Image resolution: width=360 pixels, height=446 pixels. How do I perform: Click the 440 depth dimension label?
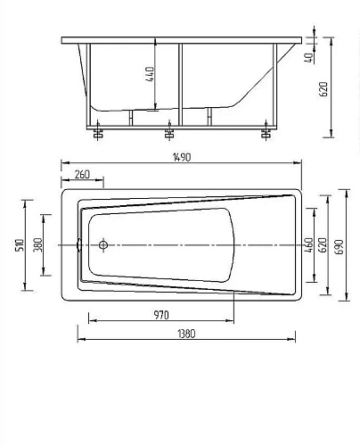pos(150,74)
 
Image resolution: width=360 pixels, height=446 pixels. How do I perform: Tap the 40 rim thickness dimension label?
pos(309,58)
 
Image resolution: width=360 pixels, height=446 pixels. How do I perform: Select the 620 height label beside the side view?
pos(323,89)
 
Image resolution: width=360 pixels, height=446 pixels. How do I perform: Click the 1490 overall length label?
pos(182,157)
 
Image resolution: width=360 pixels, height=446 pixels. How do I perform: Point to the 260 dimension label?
pos(82,175)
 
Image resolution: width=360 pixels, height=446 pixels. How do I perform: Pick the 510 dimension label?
pos(20,245)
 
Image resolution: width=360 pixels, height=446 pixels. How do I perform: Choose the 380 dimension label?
pos(37,244)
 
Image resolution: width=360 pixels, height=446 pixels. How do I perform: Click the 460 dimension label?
pos(308,245)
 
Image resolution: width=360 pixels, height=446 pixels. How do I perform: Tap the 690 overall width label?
pos(340,246)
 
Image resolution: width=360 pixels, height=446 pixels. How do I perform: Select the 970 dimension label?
pos(161,315)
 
